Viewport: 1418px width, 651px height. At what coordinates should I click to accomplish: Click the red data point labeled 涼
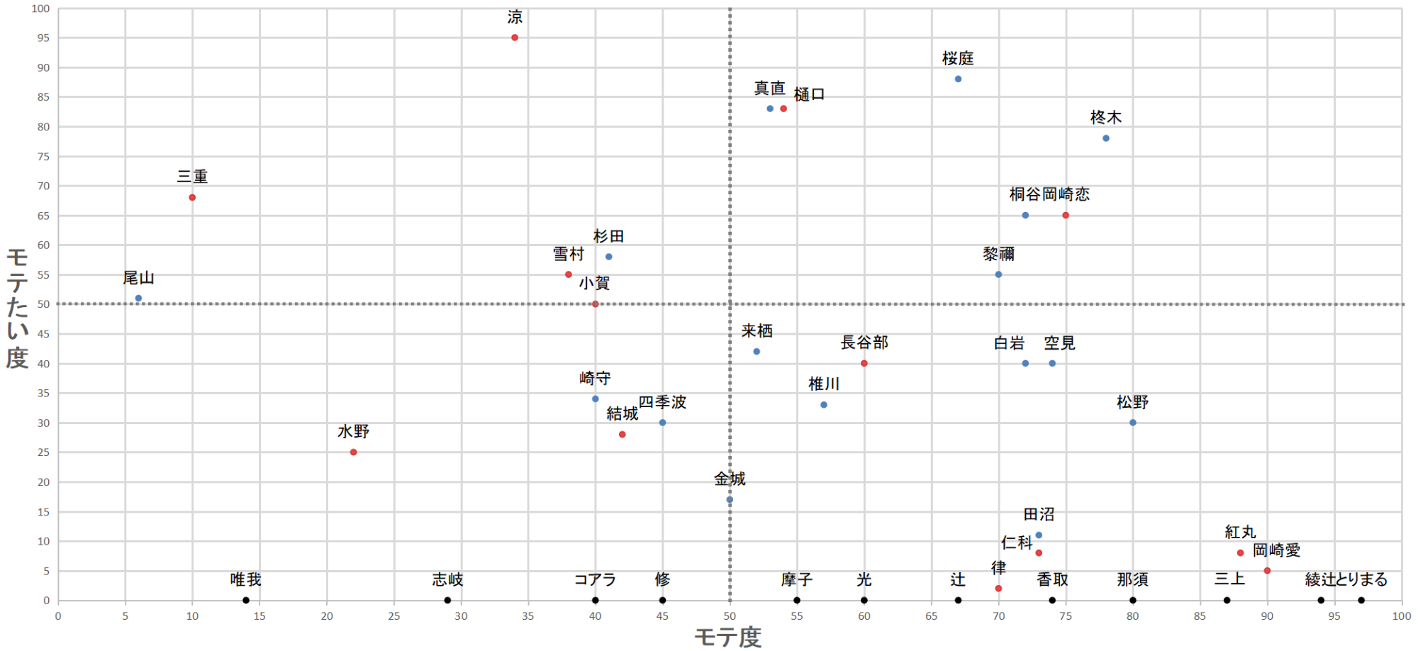(x=515, y=38)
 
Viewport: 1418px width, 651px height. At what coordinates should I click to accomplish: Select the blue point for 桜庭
(x=958, y=79)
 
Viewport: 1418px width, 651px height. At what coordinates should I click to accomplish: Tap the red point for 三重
(x=192, y=197)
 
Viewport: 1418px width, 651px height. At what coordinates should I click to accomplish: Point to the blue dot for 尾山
(x=138, y=299)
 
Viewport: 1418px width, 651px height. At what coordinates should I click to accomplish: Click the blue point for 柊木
(x=1106, y=138)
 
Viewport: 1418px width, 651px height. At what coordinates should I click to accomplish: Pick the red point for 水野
(x=354, y=452)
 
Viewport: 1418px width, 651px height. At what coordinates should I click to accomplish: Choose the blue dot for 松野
(x=1133, y=423)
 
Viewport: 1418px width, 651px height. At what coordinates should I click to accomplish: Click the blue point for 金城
(x=730, y=500)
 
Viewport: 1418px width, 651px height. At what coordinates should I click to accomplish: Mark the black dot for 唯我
(x=246, y=601)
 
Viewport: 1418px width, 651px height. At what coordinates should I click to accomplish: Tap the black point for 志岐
(x=447, y=601)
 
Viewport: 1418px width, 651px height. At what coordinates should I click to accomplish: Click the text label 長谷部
(x=864, y=343)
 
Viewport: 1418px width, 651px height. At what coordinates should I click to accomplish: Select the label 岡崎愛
(x=1277, y=550)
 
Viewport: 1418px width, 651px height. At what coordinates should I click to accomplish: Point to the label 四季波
(x=662, y=402)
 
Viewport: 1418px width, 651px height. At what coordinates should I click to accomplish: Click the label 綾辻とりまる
(x=1346, y=579)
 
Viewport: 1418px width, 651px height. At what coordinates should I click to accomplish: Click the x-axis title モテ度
(x=728, y=638)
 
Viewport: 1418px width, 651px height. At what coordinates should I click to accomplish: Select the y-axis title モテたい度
(x=17, y=308)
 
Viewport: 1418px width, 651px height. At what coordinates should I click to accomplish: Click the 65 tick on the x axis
(x=931, y=616)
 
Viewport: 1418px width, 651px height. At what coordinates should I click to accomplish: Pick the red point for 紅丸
(x=1240, y=553)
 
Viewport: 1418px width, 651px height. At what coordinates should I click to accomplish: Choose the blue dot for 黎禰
(x=998, y=274)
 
